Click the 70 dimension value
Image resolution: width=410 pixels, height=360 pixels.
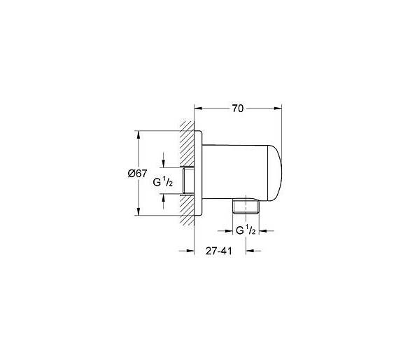238,109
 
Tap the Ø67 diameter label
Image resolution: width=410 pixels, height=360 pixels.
138,173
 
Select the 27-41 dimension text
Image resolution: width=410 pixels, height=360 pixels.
219,251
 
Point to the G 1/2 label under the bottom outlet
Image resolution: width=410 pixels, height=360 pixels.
246,230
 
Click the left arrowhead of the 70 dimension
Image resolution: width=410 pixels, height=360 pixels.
199,109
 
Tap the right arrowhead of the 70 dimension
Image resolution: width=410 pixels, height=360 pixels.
278,109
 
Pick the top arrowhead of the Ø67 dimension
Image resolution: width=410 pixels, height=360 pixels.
139,134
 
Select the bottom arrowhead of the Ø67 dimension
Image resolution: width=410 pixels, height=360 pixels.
139,212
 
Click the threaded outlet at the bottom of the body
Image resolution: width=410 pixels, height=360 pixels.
246,207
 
